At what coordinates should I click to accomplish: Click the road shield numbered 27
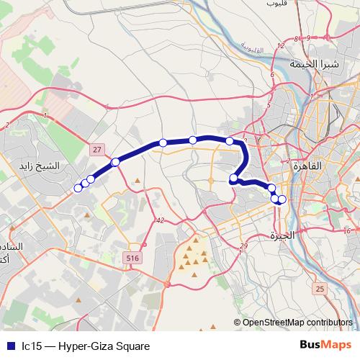pos(97,148)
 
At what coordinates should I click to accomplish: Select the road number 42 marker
pos(159,220)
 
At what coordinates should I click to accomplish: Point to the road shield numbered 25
pos(320,289)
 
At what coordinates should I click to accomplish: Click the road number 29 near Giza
pos(243,246)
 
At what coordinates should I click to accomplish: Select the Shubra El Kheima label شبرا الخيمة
pos(314,63)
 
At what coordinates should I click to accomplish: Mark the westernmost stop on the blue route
pos(78,189)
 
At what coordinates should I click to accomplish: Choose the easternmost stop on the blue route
pos(282,199)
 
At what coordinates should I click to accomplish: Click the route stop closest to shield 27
pos(115,161)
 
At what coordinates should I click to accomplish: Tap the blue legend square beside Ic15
pos(9,346)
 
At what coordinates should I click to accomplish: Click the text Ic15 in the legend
pos(31,346)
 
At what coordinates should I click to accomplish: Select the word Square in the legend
pos(133,346)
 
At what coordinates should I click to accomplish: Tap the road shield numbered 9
pos(296,39)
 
